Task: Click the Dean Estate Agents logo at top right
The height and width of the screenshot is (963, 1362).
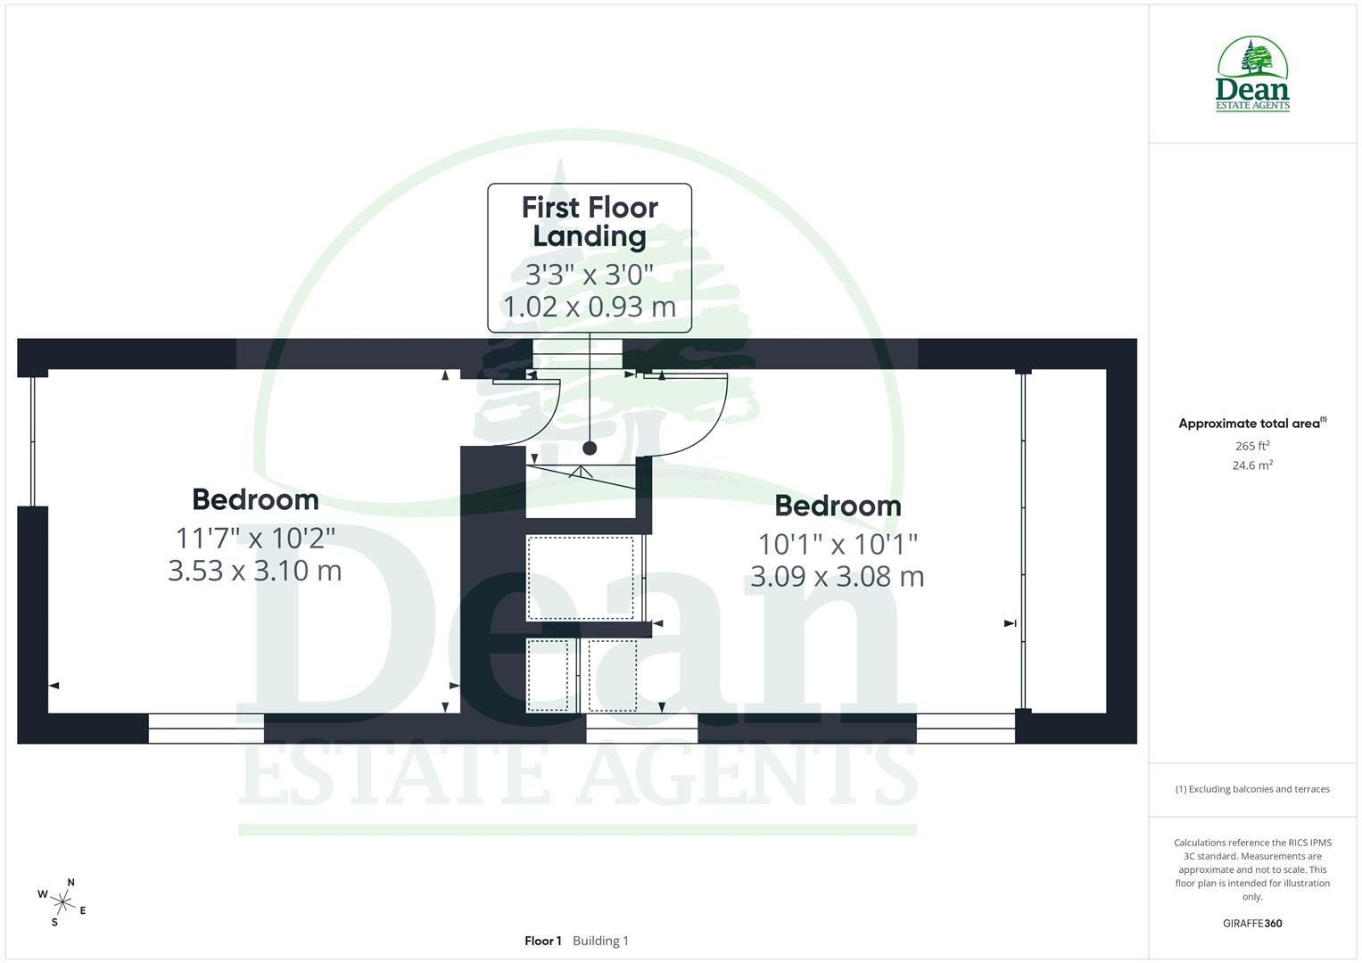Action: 1252,74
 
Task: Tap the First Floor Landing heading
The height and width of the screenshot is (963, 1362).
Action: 590,222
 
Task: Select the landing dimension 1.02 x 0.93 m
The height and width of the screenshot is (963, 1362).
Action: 590,307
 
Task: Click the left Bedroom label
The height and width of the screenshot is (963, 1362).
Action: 255,499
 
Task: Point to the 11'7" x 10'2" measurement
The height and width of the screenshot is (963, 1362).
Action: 255,538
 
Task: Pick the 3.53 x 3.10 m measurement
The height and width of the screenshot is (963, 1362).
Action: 255,571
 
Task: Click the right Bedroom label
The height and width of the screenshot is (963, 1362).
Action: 838,506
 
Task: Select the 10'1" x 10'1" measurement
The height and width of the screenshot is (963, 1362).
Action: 838,543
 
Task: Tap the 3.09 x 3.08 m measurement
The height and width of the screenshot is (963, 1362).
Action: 838,577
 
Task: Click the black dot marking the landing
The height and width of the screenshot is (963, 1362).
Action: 590,448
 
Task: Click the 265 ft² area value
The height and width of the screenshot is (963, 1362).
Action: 1252,446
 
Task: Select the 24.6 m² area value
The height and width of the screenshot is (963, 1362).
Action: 1252,465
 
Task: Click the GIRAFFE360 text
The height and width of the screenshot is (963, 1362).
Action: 1252,924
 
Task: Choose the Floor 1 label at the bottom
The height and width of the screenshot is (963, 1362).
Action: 542,941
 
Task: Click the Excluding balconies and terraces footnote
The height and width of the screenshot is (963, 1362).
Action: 1252,789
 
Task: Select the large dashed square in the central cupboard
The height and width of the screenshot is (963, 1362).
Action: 580,578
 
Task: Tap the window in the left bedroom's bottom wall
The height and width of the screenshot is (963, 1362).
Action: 206,728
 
